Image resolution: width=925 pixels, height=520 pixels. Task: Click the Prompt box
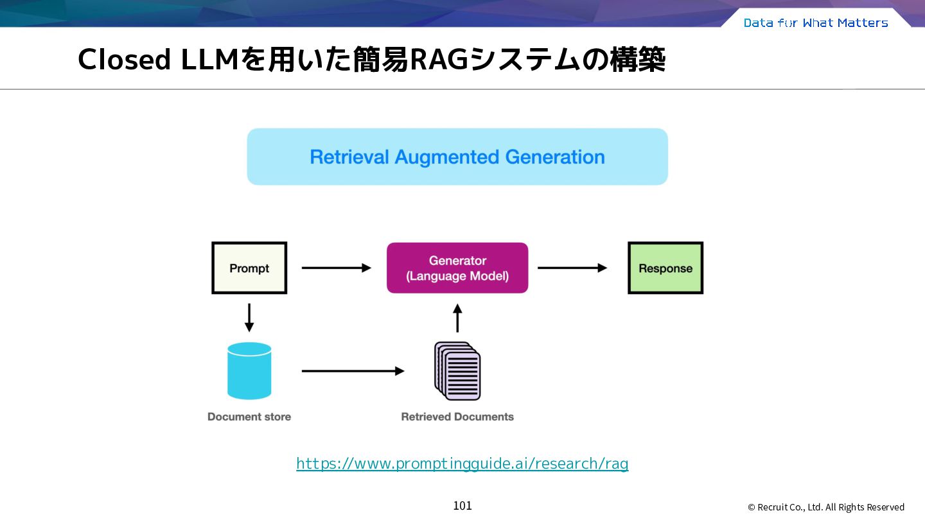click(x=249, y=268)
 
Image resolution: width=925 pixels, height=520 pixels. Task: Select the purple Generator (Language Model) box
click(x=457, y=268)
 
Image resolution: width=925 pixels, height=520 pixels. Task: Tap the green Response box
click(x=665, y=268)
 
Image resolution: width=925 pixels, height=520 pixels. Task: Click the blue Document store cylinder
click(x=249, y=370)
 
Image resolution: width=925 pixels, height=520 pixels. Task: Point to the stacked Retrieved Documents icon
click(x=457, y=371)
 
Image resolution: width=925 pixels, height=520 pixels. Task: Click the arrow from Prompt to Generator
click(x=337, y=268)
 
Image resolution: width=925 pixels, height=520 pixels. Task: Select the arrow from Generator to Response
click(x=572, y=268)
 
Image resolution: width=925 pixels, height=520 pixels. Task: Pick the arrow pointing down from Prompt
click(x=249, y=318)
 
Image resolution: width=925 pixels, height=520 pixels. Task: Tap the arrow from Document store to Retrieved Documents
click(x=353, y=371)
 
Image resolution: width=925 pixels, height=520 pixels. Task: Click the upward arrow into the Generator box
click(x=457, y=318)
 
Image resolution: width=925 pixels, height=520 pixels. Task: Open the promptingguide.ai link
click(x=463, y=464)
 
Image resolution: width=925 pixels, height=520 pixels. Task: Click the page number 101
click(x=463, y=506)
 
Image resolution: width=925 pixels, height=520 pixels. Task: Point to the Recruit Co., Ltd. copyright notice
click(x=826, y=507)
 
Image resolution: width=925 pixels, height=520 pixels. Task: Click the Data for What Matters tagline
click(x=816, y=22)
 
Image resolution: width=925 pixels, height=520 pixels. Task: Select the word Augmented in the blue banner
click(x=447, y=157)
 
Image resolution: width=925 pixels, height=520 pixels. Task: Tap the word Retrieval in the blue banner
click(x=349, y=157)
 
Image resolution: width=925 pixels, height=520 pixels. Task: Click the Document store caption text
click(x=249, y=417)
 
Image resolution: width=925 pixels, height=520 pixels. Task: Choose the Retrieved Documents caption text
click(x=457, y=417)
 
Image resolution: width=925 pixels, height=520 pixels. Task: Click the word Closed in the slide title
click(x=125, y=60)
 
